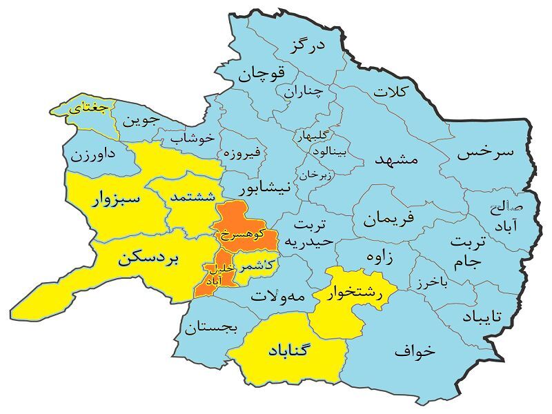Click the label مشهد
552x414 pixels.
(397, 158)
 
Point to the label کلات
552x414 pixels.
(391, 90)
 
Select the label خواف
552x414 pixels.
(415, 351)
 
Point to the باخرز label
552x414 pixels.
(433, 283)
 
